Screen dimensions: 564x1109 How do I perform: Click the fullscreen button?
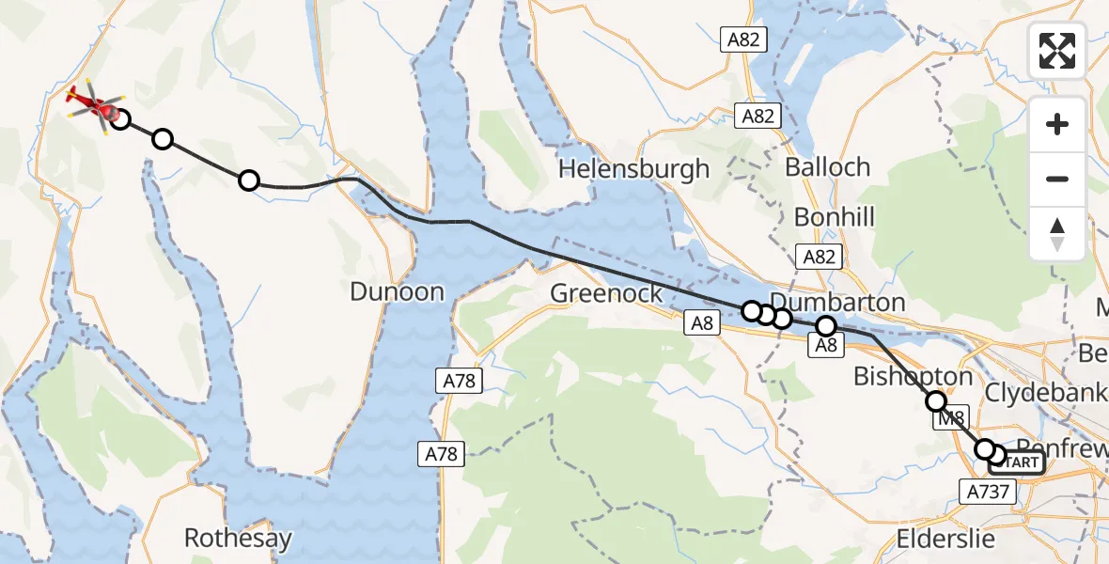pos(1057,51)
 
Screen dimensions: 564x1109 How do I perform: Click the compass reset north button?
pos(1057,234)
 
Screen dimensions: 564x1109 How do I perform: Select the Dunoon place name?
pos(397,291)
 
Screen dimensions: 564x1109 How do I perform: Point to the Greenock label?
pos(606,293)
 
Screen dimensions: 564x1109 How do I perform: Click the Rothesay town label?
pos(238,539)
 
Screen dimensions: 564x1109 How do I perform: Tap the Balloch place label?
pos(828,167)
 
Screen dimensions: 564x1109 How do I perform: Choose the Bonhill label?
pos(834,217)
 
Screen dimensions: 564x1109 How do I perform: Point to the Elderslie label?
pos(944,539)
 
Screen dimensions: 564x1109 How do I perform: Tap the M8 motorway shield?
pos(953,421)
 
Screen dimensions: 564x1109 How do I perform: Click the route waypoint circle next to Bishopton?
pos(936,401)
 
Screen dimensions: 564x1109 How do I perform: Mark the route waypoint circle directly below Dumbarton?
pos(825,326)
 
